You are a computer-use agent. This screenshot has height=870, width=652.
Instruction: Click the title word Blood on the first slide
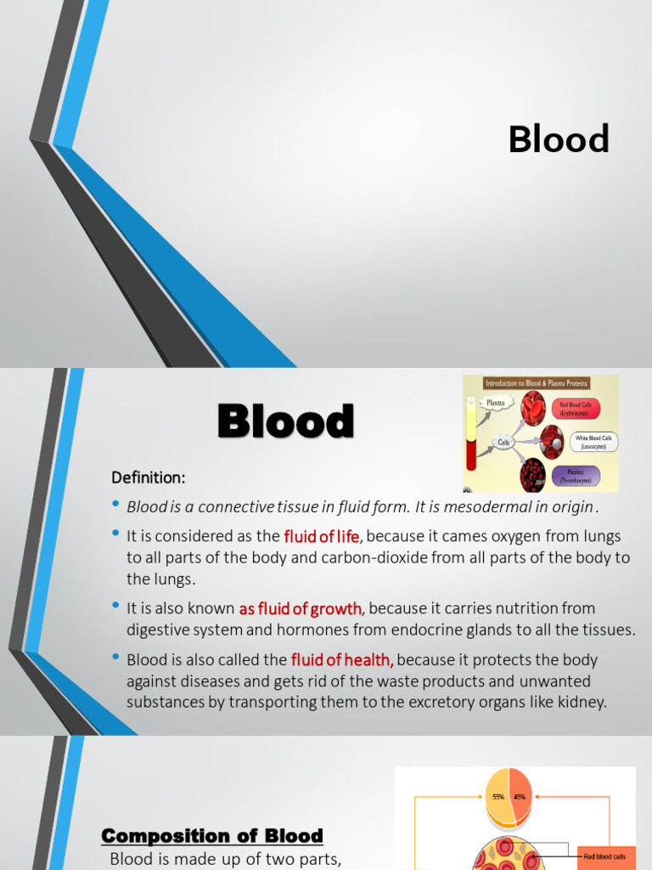559,139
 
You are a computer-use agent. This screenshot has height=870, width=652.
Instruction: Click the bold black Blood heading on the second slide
285,421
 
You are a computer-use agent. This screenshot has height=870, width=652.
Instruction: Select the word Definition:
149,477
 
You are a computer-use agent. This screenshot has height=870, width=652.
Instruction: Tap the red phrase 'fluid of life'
322,536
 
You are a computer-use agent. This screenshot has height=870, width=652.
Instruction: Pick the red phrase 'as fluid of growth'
301,608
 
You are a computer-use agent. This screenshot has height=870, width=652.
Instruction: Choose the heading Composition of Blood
212,836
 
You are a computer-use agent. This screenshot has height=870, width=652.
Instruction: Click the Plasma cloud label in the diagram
497,405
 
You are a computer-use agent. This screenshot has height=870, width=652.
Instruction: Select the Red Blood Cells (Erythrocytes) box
576,409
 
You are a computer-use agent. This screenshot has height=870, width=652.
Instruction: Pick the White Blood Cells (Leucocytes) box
594,441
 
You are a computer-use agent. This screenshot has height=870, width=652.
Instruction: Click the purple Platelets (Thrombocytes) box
576,475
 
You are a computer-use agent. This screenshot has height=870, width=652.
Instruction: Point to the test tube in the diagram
472,442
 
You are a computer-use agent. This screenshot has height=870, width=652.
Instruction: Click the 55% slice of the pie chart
497,797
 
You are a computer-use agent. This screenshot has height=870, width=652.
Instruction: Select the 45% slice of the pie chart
520,797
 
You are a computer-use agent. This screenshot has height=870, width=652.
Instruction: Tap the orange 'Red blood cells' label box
605,857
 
